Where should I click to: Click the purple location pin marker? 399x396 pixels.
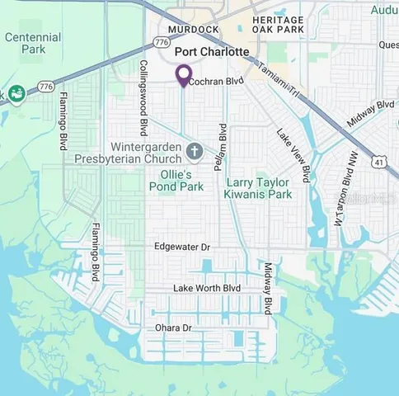[x=183, y=75]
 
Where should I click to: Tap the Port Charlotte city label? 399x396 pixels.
[x=212, y=51]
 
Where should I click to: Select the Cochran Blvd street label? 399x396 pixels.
[x=217, y=82]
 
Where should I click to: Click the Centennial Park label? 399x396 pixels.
[x=32, y=43]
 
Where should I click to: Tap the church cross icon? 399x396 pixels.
[x=195, y=150]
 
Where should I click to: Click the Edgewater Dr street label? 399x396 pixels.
[x=182, y=247]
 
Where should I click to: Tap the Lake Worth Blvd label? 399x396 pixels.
[x=206, y=287]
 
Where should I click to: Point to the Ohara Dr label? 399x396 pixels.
[x=174, y=328]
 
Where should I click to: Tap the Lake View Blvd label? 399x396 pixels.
[x=293, y=154]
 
